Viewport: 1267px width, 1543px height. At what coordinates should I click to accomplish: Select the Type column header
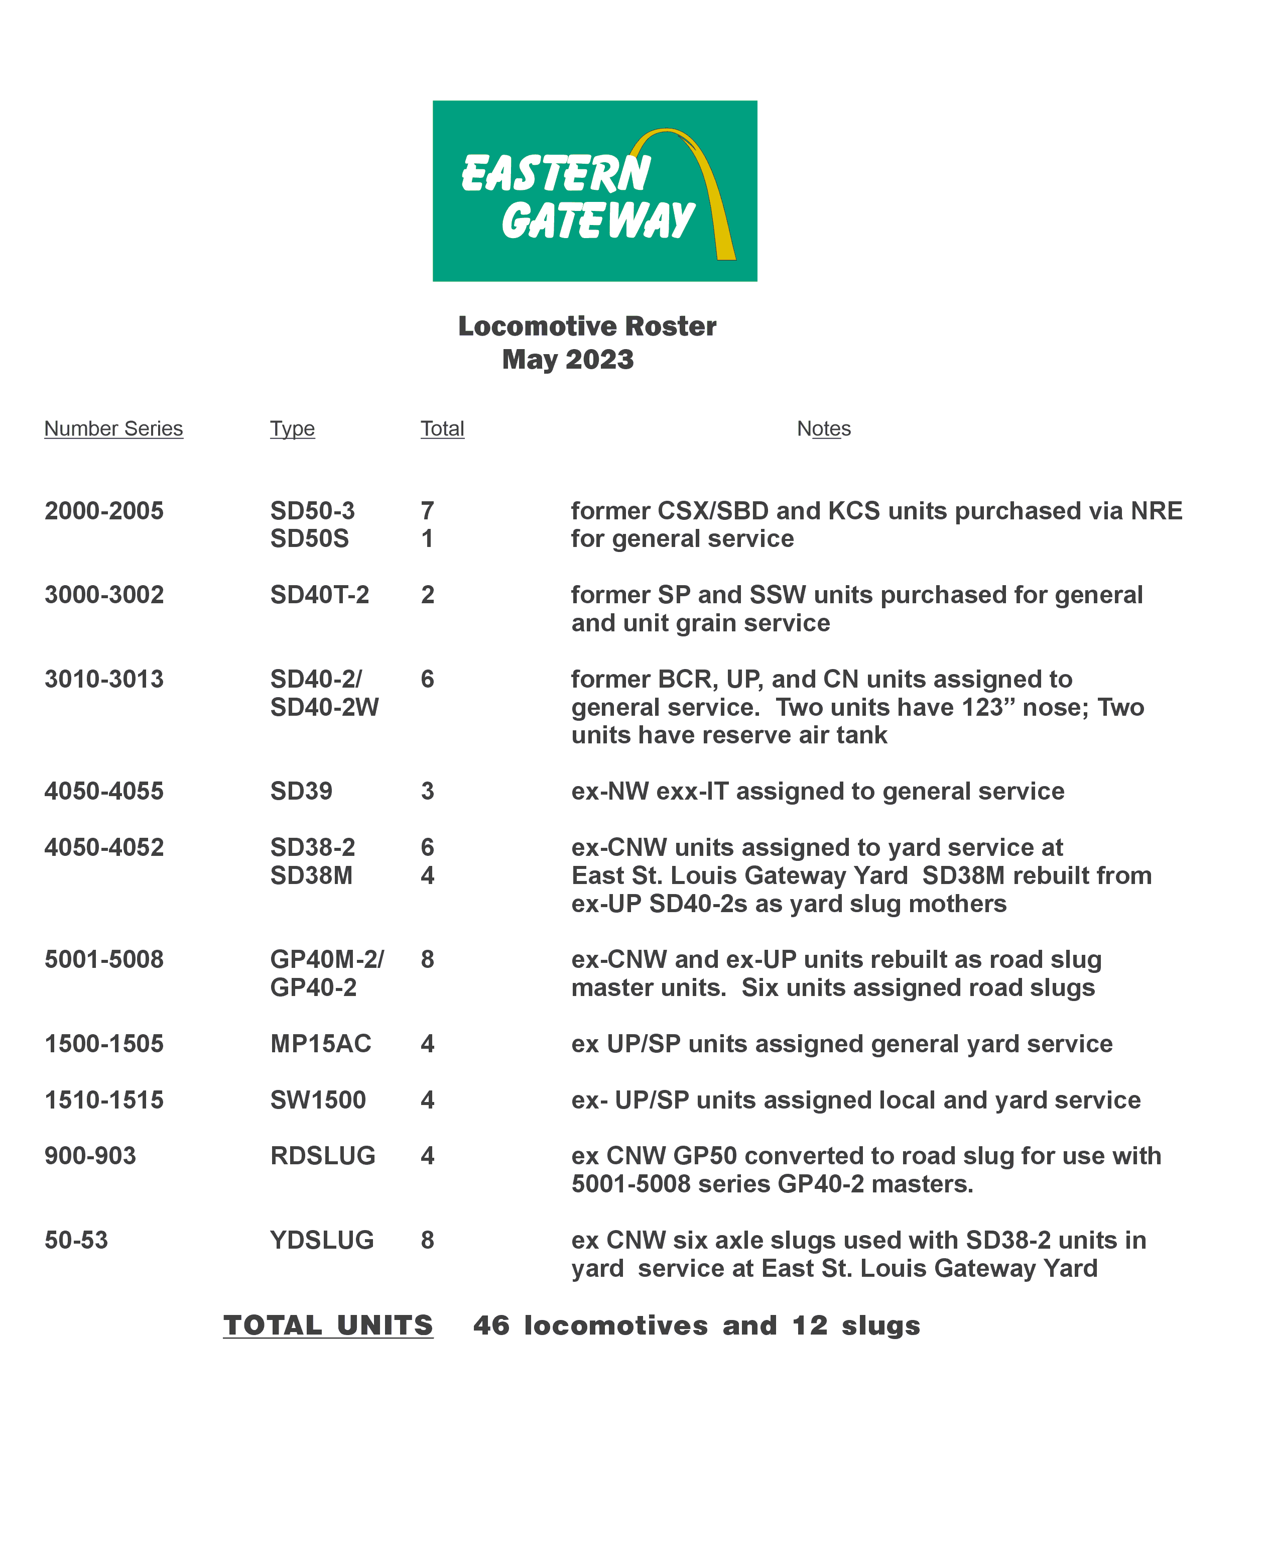[x=292, y=428]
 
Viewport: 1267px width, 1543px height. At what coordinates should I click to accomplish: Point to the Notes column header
[x=823, y=428]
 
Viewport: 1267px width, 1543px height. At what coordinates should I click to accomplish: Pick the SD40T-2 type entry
[x=320, y=595]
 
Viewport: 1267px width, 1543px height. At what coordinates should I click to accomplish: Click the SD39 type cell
[x=301, y=792]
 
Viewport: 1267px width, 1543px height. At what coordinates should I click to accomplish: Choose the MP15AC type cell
[x=320, y=1044]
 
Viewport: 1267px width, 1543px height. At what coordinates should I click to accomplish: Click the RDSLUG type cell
[x=323, y=1156]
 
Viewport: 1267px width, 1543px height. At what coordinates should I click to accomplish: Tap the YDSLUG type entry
[x=322, y=1241]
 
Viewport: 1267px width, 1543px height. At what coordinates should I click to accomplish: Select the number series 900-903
[x=90, y=1156]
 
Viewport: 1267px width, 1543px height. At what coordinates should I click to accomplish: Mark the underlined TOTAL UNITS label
[x=328, y=1326]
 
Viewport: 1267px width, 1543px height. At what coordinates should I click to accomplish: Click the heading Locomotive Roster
[x=587, y=326]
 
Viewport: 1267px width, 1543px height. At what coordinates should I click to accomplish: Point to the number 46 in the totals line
[x=491, y=1326]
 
